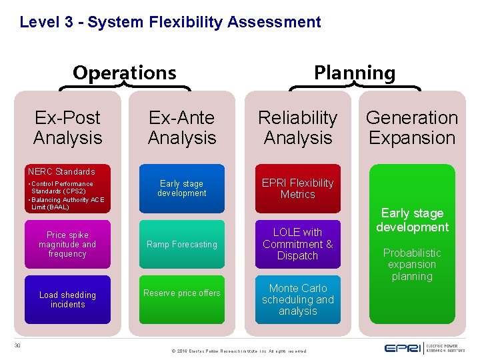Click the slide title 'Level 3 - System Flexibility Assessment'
pyautogui.click(x=170, y=22)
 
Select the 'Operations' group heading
pyautogui.click(x=125, y=72)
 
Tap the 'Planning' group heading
pyautogui.click(x=355, y=73)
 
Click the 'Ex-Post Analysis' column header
pyautogui.click(x=67, y=127)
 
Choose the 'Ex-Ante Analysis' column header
pyautogui.click(x=182, y=127)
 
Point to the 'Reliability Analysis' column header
pyautogui.click(x=297, y=127)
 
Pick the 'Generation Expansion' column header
pyautogui.click(x=412, y=127)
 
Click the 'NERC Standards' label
pyautogui.click(x=61, y=171)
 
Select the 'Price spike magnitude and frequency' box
pyautogui.click(x=67, y=244)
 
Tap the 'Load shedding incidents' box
pyautogui.click(x=67, y=299)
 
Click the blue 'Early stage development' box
pyautogui.click(x=182, y=189)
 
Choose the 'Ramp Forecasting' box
pyautogui.click(x=182, y=244)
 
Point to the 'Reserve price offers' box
pyautogui.click(x=182, y=293)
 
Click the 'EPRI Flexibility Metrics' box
pyautogui.click(x=297, y=189)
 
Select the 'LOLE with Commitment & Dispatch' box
pyautogui.click(x=297, y=244)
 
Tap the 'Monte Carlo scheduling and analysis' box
pyautogui.click(x=297, y=299)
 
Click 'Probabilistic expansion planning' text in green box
pyautogui.click(x=412, y=264)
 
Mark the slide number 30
pyautogui.click(x=18, y=345)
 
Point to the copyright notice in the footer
pyautogui.click(x=239, y=351)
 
